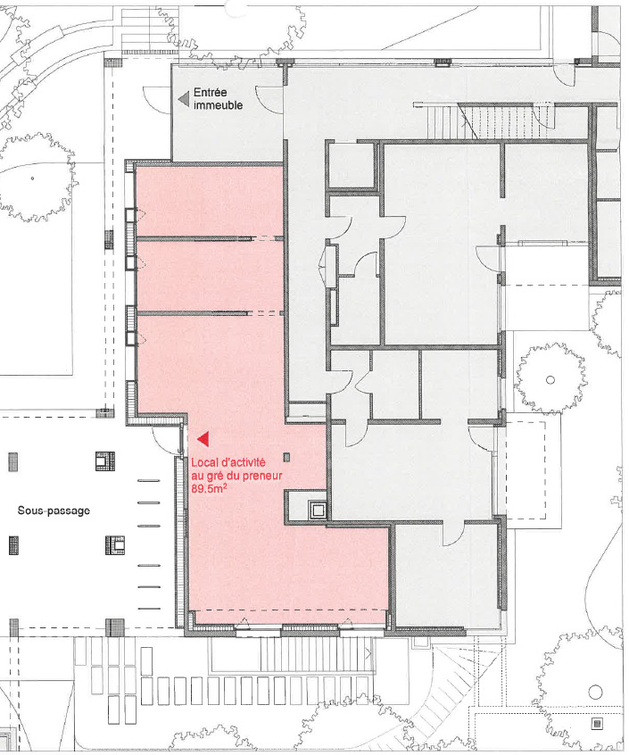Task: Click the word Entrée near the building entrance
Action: [x=211, y=92]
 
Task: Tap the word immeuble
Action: [x=218, y=105]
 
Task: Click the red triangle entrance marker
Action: [x=203, y=439]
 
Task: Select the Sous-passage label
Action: [x=54, y=510]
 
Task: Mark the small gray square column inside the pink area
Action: [x=286, y=457]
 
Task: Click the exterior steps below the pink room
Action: [x=315, y=654]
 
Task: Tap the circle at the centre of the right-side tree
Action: [x=550, y=380]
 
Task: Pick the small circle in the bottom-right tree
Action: [x=595, y=693]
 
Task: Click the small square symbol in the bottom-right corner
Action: [x=598, y=723]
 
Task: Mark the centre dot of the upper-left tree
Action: [x=32, y=178]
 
